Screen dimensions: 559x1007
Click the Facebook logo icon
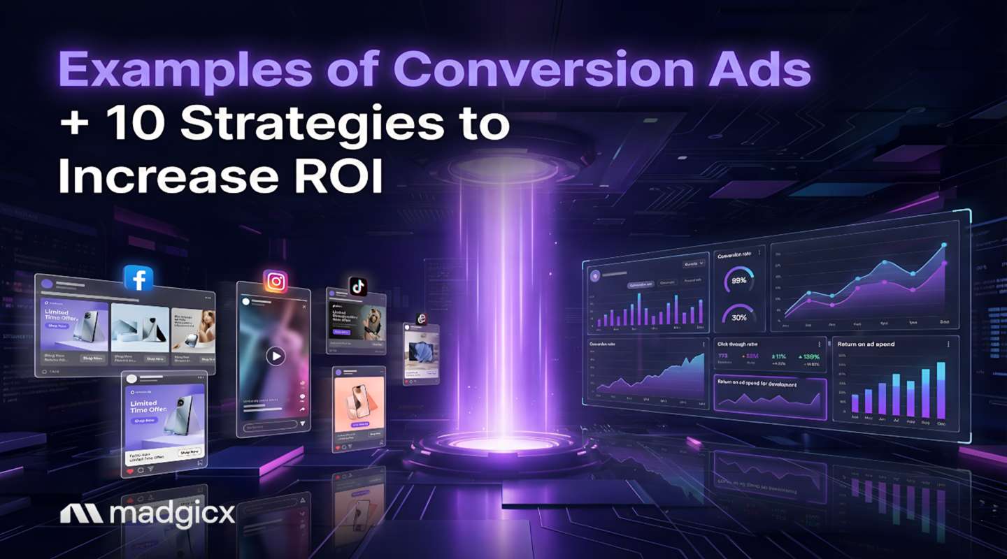138,278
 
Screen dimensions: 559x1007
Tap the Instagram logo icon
276,281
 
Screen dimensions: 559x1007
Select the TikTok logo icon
358,286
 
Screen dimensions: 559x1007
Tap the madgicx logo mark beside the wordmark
81,514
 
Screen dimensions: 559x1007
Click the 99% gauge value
738,280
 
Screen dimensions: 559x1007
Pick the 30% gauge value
738,317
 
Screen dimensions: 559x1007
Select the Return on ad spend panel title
866,344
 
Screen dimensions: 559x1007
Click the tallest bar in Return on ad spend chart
941,389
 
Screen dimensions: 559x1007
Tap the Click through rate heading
737,344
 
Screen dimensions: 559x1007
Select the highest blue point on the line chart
944,245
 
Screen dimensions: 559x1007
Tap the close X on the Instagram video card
304,306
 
